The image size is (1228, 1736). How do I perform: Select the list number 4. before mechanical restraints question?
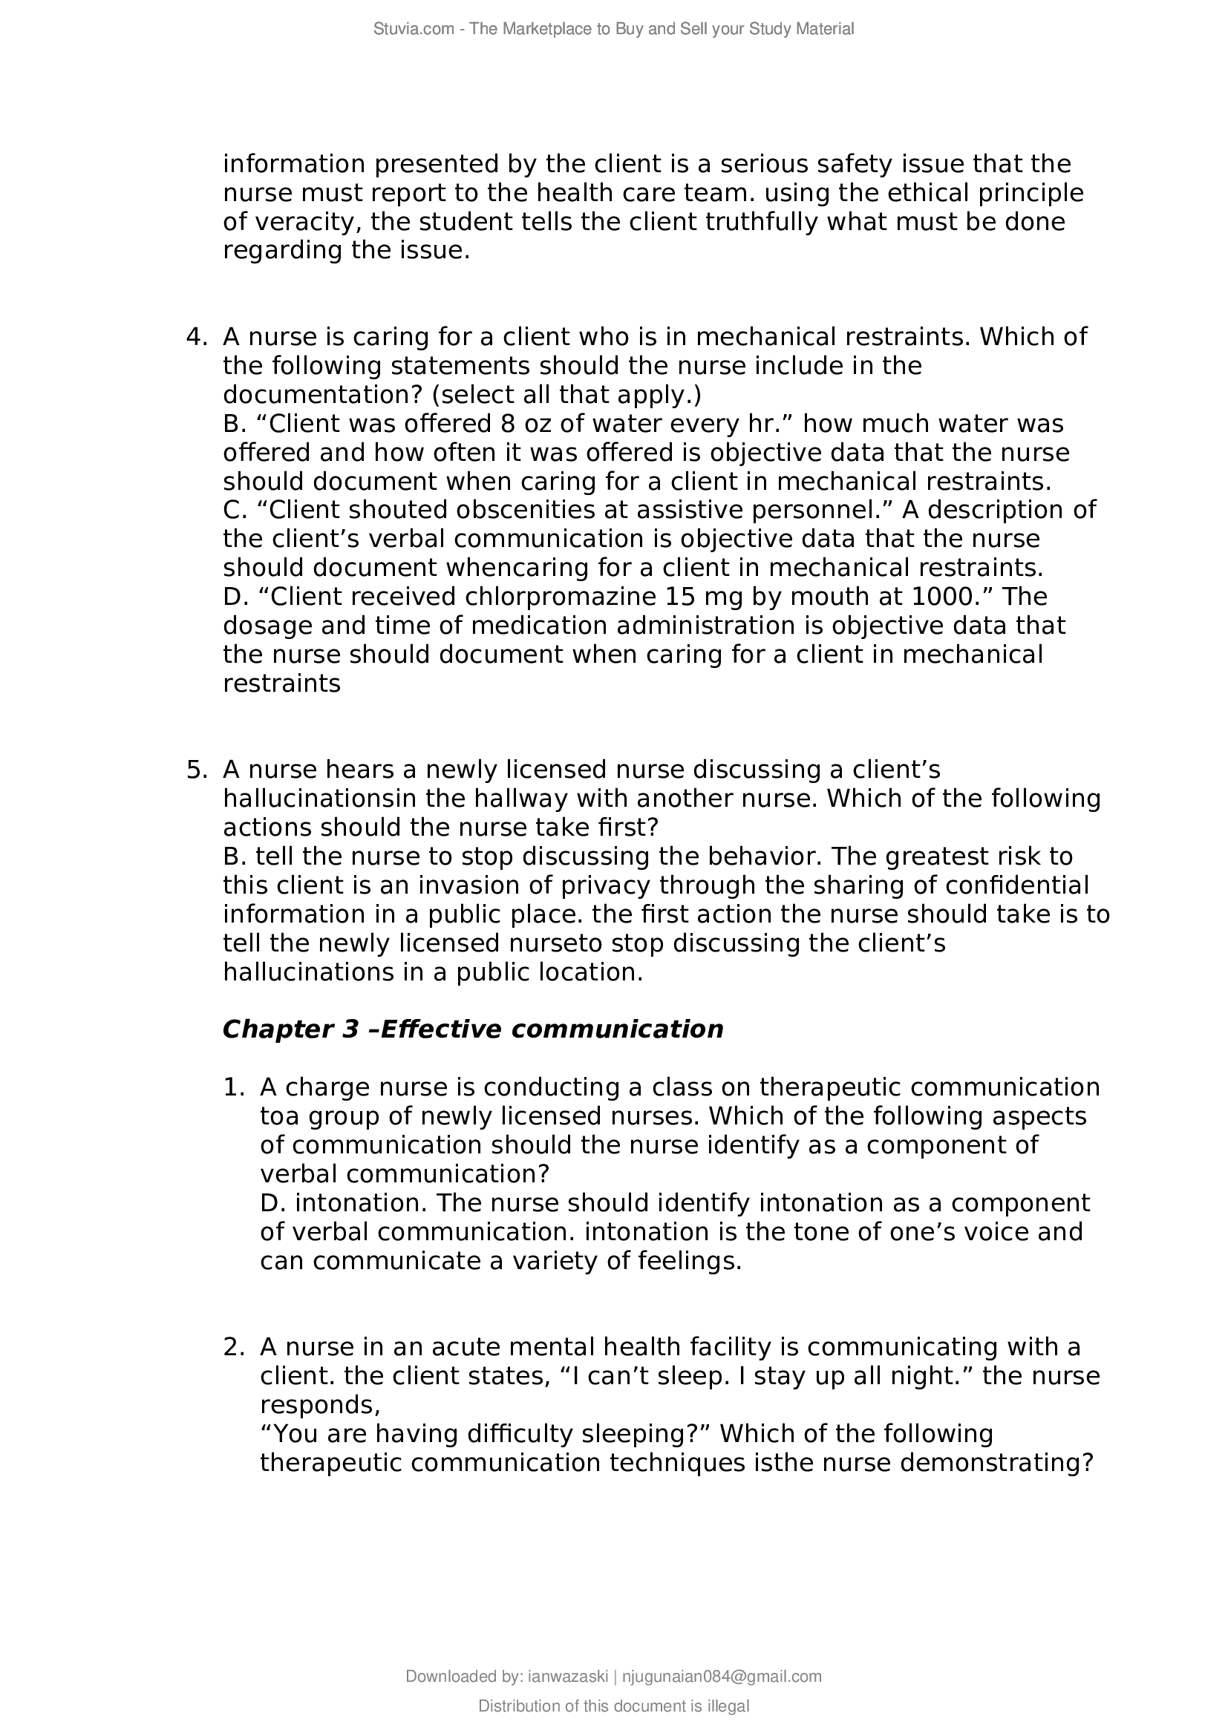pos(197,336)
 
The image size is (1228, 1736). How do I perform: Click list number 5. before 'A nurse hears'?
pos(197,770)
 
